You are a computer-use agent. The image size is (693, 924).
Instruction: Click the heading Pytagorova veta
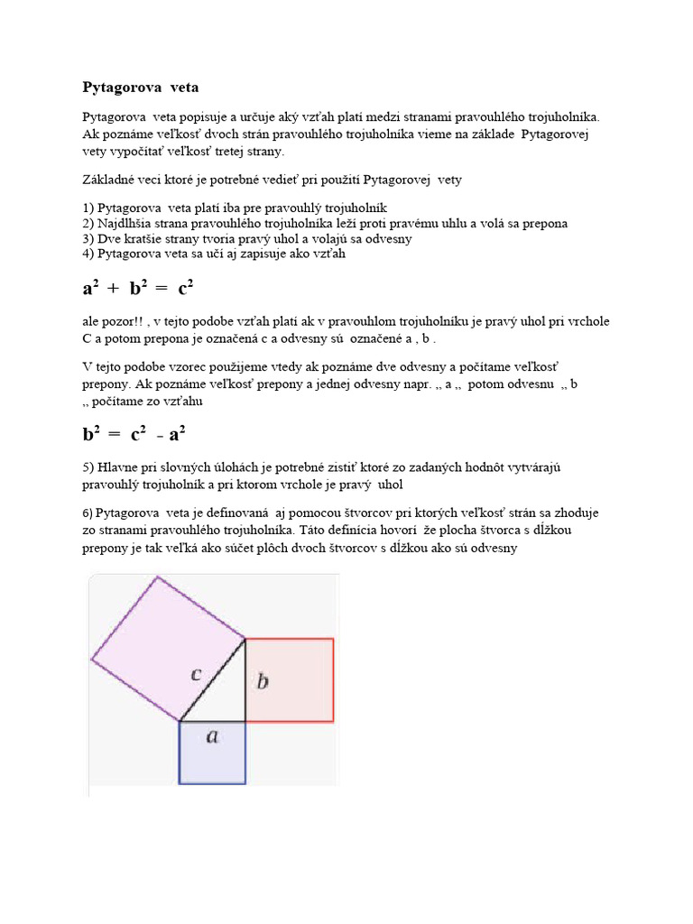click(140, 88)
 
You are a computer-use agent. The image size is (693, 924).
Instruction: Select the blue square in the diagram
click(213, 753)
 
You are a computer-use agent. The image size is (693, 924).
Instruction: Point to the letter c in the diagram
click(196, 673)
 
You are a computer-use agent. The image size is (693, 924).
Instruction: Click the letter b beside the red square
click(263, 681)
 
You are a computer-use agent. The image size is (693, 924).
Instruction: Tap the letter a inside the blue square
click(213, 736)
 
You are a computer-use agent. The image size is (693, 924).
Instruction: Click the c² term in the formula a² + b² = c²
click(186, 289)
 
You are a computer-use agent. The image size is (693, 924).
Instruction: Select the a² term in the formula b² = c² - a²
click(177, 434)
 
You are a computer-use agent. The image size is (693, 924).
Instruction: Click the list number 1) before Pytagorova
click(88, 208)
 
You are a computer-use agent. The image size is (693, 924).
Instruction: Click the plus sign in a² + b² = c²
click(113, 290)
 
